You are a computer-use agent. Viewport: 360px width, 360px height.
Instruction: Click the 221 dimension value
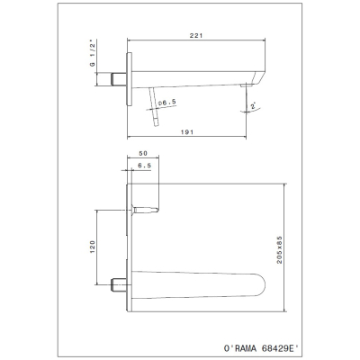click(x=196, y=35)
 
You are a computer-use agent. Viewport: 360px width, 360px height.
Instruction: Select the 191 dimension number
click(x=187, y=132)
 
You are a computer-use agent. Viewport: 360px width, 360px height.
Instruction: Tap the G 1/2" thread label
click(x=93, y=54)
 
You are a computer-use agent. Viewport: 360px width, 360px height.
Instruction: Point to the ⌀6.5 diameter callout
click(x=166, y=103)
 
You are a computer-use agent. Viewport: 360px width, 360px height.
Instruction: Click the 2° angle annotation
click(x=254, y=106)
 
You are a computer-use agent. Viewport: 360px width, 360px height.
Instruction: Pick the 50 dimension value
click(x=143, y=153)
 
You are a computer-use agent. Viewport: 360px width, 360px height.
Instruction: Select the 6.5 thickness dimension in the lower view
click(x=145, y=166)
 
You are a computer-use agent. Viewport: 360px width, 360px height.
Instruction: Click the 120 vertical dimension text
click(x=93, y=247)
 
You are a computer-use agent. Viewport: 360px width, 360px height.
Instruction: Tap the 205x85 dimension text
click(x=280, y=249)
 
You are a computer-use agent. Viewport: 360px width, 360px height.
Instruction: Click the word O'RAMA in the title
click(x=240, y=348)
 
